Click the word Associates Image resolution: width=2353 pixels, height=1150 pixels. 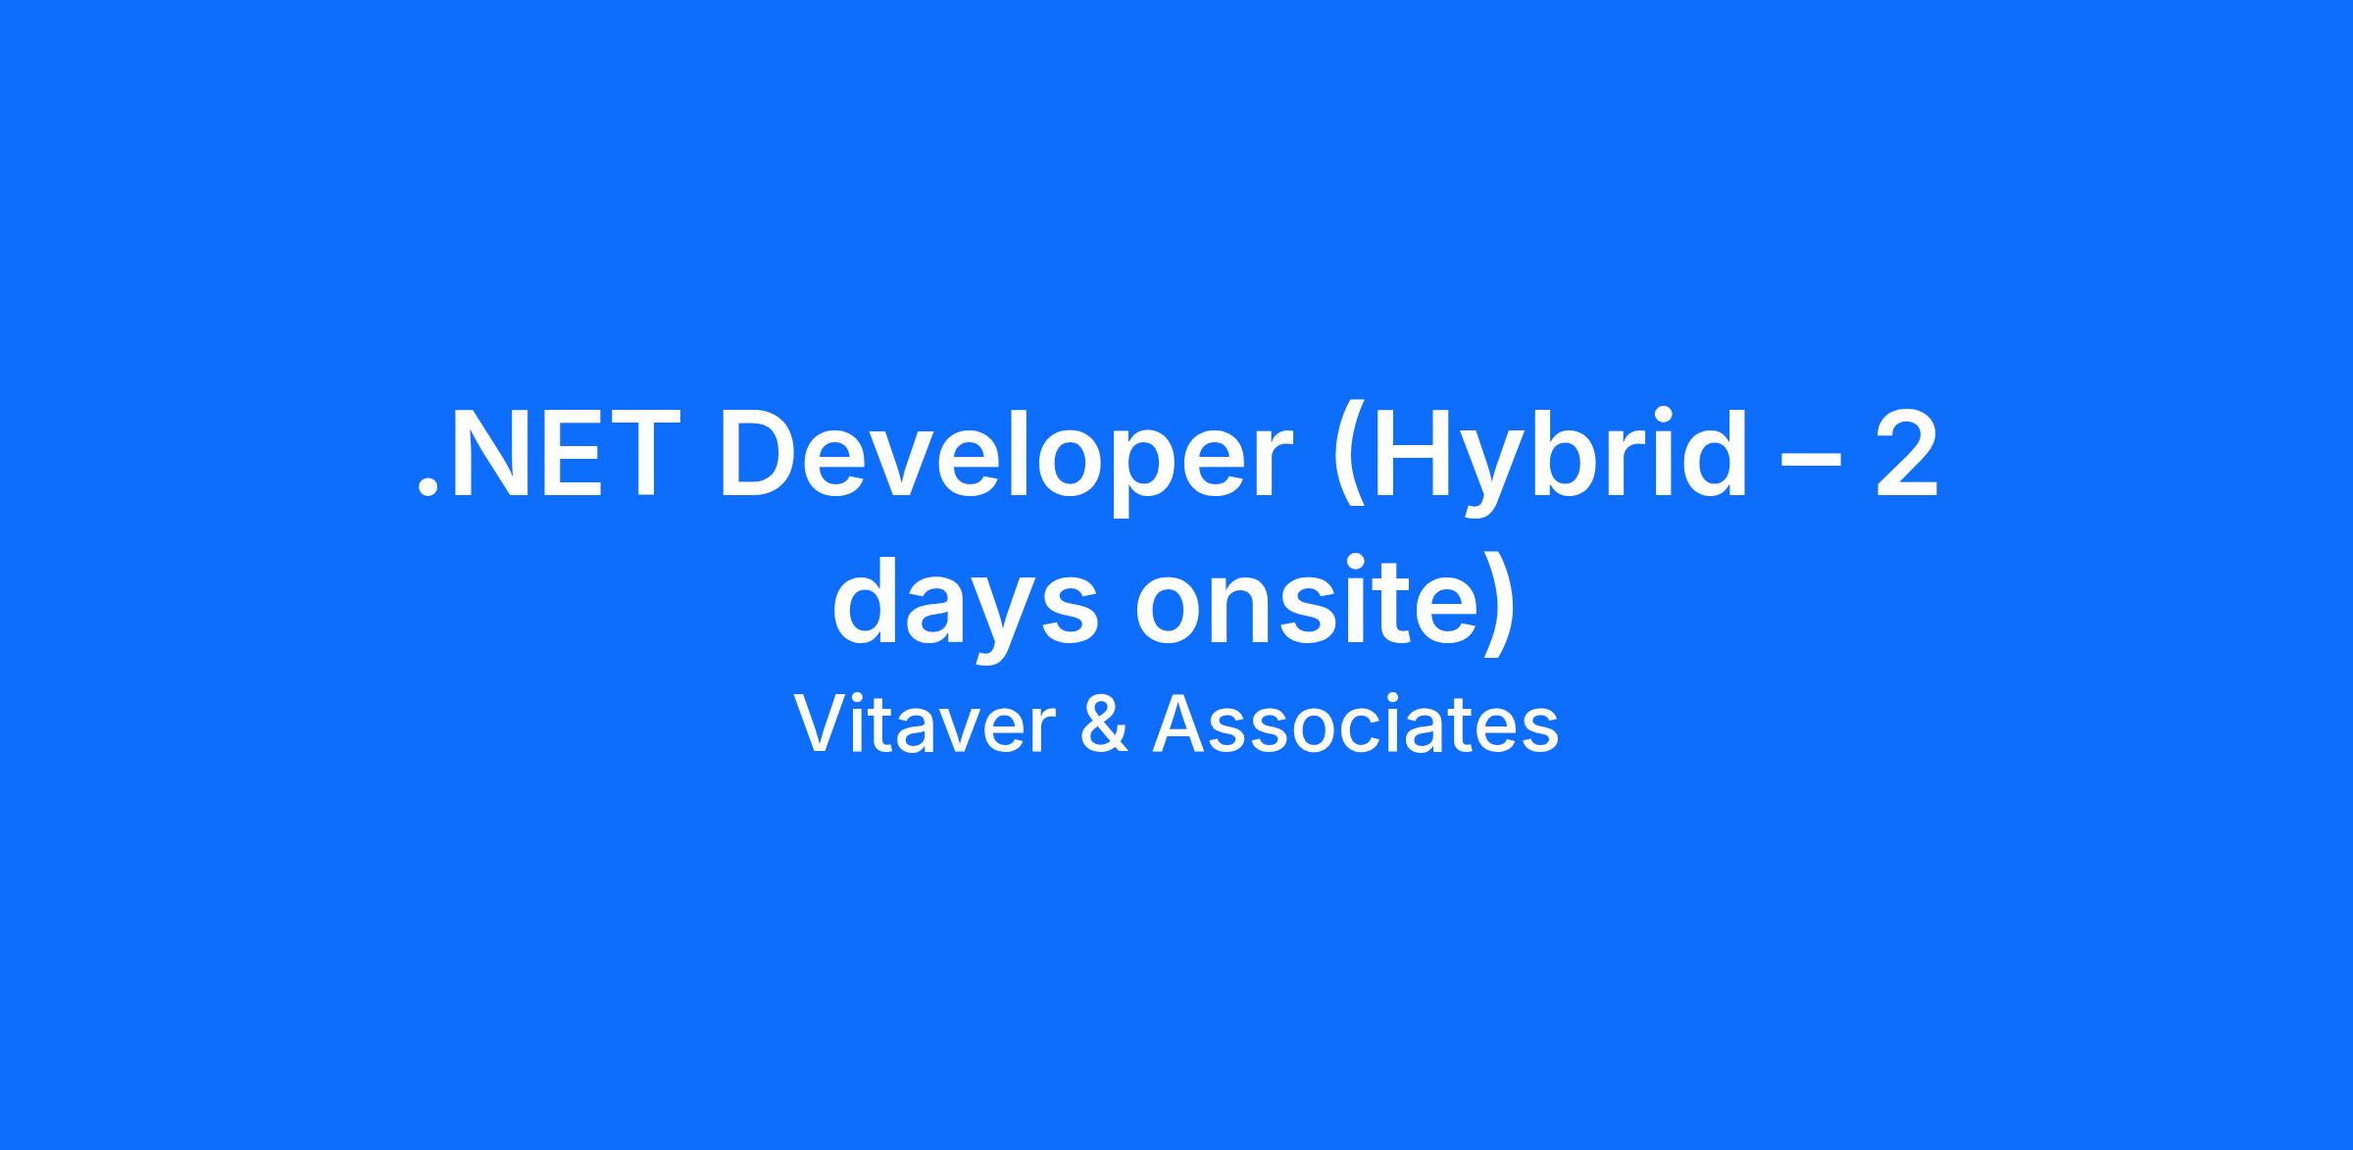[x=1355, y=725]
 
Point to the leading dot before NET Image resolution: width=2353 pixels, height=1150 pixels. [x=426, y=489]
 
